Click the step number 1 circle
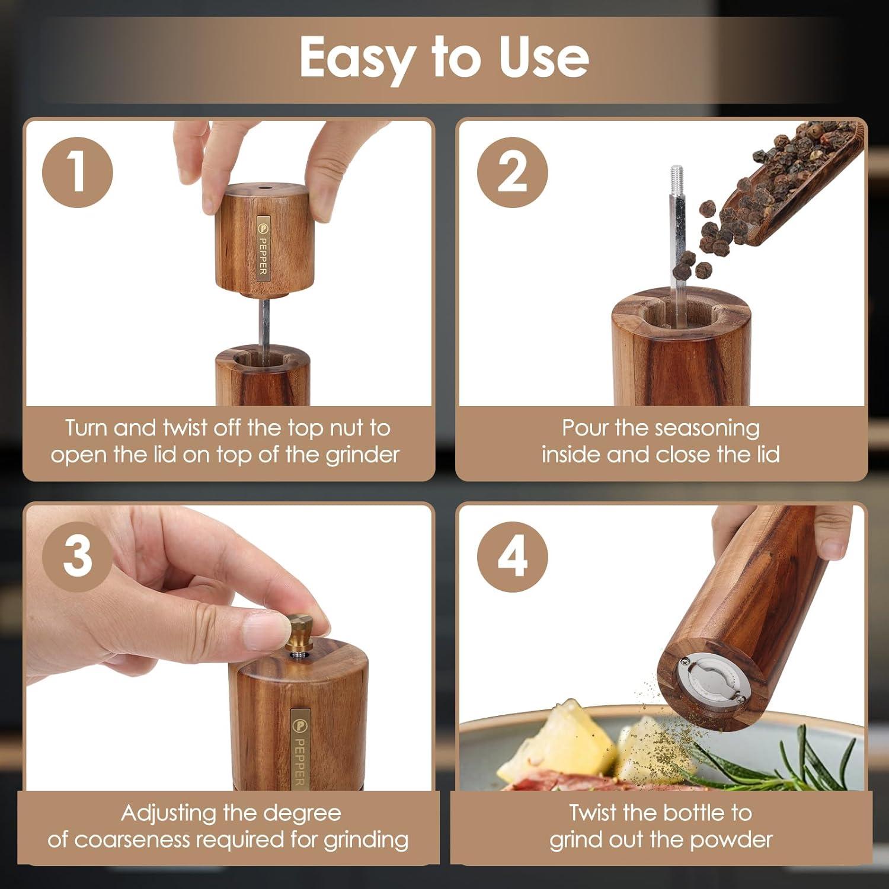pos(78,172)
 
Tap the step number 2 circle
pos(513,172)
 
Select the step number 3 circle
pos(78,557)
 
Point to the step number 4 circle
pos(513,557)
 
